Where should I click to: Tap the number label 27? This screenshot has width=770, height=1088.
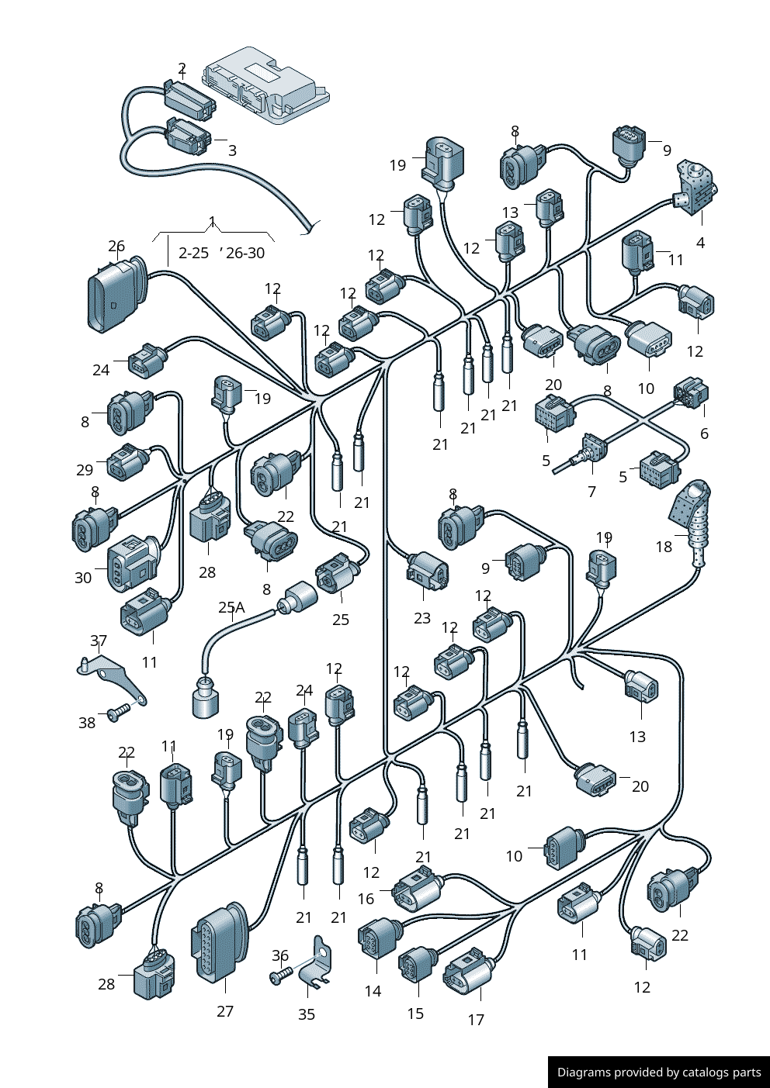(x=225, y=1011)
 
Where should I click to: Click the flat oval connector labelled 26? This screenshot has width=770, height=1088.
(x=116, y=295)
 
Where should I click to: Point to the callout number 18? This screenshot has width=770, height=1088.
(x=664, y=547)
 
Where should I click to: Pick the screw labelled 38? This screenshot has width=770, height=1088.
(x=119, y=713)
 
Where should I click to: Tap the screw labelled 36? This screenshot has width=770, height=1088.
(x=282, y=974)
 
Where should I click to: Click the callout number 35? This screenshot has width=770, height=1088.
(x=307, y=1014)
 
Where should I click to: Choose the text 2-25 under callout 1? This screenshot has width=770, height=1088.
(x=193, y=253)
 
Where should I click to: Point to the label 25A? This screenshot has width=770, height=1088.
(x=231, y=607)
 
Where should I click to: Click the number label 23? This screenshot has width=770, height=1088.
(x=422, y=618)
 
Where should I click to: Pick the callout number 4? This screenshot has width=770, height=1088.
(x=700, y=243)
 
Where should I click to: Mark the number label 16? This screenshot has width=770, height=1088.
(x=366, y=899)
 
